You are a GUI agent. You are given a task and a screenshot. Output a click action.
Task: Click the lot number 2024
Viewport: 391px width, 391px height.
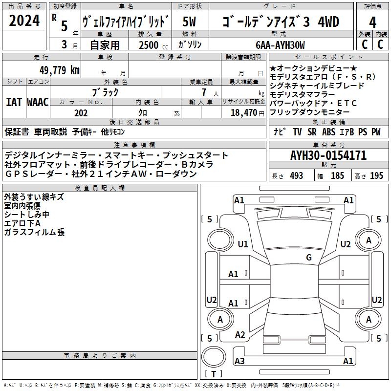point(24,21)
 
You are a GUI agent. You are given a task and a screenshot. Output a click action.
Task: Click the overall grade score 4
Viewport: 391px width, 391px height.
point(372,22)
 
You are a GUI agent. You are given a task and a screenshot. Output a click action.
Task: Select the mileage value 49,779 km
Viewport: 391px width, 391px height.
point(60,70)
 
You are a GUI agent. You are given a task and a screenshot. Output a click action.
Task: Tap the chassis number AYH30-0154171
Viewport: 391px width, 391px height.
point(328,155)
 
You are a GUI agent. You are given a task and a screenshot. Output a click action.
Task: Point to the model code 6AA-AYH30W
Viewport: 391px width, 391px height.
point(280,45)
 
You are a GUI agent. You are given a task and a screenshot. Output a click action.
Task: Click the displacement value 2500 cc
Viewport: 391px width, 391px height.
point(153,45)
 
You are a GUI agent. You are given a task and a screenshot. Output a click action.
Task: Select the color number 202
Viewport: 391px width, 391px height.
point(81,113)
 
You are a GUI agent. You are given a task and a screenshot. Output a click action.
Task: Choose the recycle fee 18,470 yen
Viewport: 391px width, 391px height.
point(247,113)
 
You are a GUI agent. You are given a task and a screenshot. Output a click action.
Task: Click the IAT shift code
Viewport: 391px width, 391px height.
point(14,102)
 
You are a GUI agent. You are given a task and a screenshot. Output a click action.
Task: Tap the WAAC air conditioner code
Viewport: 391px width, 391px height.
point(38,102)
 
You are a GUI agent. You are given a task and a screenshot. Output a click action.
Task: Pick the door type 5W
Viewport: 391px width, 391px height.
point(189,22)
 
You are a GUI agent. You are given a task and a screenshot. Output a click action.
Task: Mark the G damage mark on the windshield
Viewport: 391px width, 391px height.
point(309,257)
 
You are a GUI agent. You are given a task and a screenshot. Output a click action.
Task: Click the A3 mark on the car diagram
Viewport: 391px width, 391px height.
point(239,361)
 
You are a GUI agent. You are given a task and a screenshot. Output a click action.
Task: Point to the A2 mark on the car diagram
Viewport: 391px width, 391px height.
point(240,335)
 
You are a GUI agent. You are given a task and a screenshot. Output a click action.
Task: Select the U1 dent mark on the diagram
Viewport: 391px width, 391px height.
point(243,244)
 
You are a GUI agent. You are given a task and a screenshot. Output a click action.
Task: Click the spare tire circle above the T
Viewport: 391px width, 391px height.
point(214,357)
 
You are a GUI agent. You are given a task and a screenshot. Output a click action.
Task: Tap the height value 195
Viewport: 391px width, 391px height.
point(376,175)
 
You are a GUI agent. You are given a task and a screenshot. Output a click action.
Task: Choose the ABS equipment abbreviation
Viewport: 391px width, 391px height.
point(328,131)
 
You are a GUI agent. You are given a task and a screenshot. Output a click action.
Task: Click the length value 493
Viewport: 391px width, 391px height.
point(297,175)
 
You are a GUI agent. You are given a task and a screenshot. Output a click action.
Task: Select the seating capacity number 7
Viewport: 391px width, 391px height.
point(204,92)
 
